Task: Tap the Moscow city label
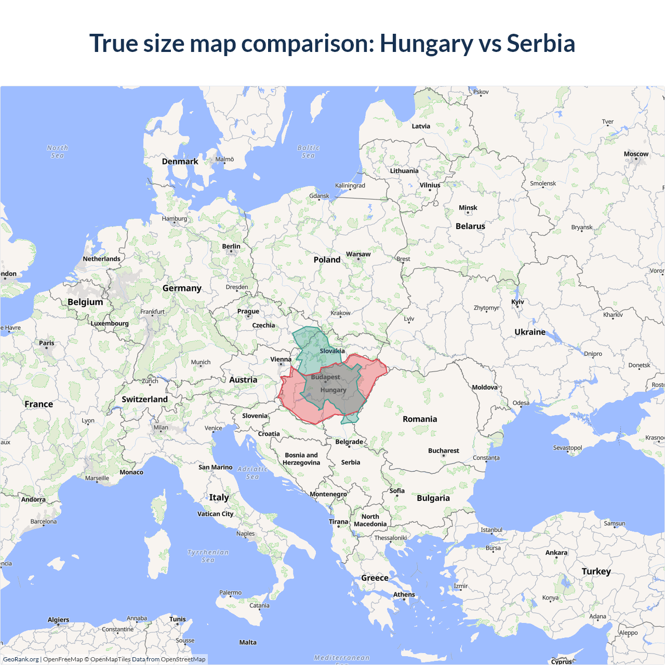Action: pyautogui.click(x=636, y=154)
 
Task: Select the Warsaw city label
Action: pyautogui.click(x=358, y=254)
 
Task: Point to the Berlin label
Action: pyautogui.click(x=231, y=246)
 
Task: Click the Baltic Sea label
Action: pyautogui.click(x=308, y=152)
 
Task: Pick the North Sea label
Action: pyautogui.click(x=57, y=152)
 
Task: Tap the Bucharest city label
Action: pyautogui.click(x=443, y=450)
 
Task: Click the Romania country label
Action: pyautogui.click(x=420, y=419)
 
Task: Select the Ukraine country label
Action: pyautogui.click(x=530, y=332)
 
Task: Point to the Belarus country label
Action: pyautogui.click(x=470, y=226)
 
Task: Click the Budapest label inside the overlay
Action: pyautogui.click(x=326, y=377)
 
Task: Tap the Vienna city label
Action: pyautogui.click(x=281, y=359)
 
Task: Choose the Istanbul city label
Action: pyautogui.click(x=491, y=530)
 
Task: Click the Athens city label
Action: pyautogui.click(x=404, y=594)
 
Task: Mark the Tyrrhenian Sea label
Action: pyautogui.click(x=208, y=556)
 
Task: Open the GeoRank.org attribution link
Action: pyautogui.click(x=21, y=659)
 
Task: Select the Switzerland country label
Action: pyautogui.click(x=144, y=399)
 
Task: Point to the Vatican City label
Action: pyautogui.click(x=215, y=514)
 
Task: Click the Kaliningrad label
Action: pyautogui.click(x=350, y=185)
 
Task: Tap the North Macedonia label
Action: pyautogui.click(x=370, y=520)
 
